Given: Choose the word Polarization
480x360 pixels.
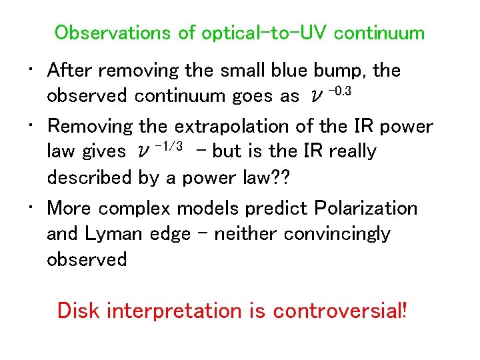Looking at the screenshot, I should click(364, 209).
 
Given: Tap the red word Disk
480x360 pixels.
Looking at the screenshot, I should click(79, 311).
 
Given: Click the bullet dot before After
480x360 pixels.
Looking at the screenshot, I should click(31, 70).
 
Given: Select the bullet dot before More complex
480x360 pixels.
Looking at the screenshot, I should click(31, 209).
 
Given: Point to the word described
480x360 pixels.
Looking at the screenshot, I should click(89, 177).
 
